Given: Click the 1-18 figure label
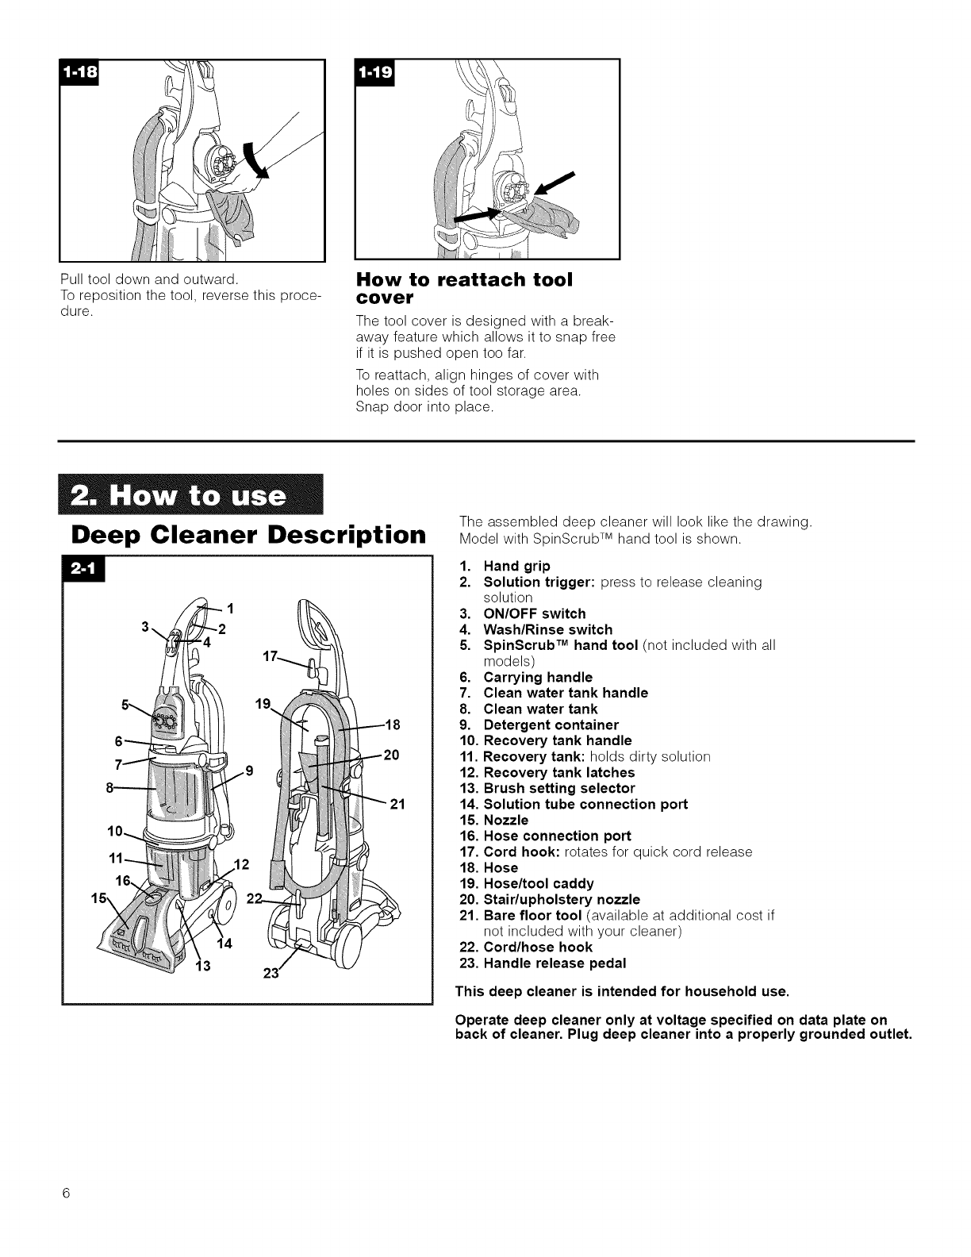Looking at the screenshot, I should click(82, 74).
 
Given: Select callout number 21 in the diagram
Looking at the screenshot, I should click(397, 805).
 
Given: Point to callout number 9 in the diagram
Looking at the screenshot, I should click(249, 769).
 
